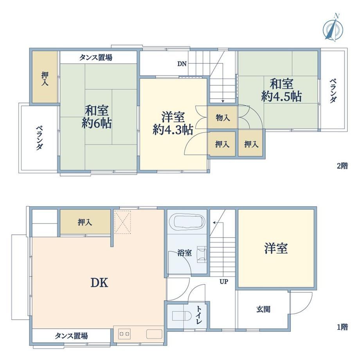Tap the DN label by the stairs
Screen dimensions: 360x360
point(182,64)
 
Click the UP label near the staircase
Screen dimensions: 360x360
point(223,281)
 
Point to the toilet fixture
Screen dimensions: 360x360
point(182,316)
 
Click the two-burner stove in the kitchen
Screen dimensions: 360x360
point(124,334)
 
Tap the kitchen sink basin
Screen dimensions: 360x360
point(154,334)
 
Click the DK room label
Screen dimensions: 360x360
point(99,283)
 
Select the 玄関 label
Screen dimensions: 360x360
point(263,310)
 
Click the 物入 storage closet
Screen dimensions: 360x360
point(223,118)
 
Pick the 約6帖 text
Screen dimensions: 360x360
point(97,123)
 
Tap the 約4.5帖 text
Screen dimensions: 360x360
point(281,96)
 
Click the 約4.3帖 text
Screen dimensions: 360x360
point(173,130)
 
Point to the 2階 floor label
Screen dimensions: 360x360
point(342,166)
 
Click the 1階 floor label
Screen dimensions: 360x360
point(342,327)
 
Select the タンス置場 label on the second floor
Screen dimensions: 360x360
point(96,57)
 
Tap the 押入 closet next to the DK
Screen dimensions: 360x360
point(85,222)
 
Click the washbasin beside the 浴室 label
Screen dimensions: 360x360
point(202,254)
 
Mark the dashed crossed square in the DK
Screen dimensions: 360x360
point(122,222)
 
